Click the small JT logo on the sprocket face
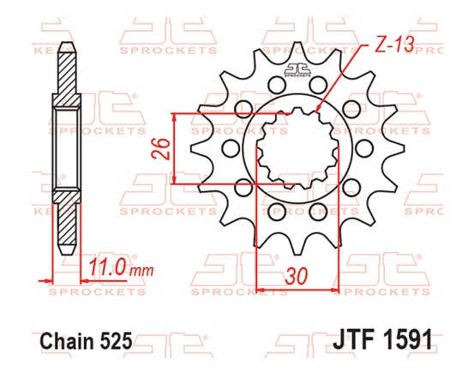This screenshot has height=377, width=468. pyautogui.click(x=297, y=71)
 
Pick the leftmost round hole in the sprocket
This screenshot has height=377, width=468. pyautogui.click(x=228, y=148)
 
